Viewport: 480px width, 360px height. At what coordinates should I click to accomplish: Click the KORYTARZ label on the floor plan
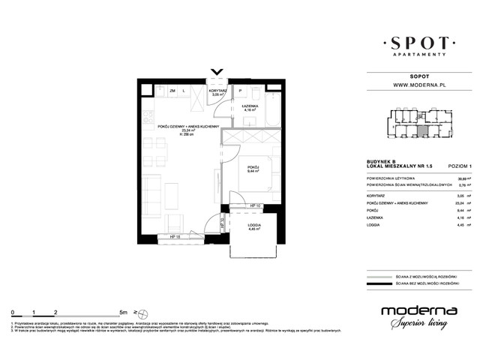(219, 91)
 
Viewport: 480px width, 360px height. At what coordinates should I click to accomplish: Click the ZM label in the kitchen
(172, 91)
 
